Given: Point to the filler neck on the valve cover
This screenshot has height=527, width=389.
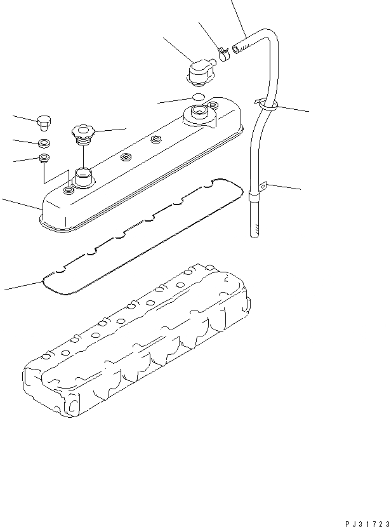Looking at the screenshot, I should coord(83,175).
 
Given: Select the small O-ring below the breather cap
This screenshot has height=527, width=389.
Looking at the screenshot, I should coord(198,97).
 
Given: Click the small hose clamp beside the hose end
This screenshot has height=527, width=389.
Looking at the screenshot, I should coord(223,53).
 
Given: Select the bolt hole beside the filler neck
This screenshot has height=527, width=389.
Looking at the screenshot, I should coord(68,189).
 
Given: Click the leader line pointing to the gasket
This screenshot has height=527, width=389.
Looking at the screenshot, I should coord(22,285).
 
